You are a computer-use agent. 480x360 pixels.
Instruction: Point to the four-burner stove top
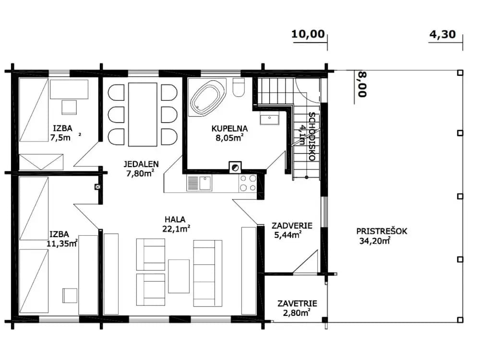(x=248, y=183)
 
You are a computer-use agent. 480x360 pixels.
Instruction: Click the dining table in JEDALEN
(x=143, y=114)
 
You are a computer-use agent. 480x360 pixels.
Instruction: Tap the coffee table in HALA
(x=179, y=276)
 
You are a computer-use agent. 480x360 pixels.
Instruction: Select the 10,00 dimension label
(x=308, y=34)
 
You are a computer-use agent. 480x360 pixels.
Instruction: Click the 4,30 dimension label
(x=443, y=34)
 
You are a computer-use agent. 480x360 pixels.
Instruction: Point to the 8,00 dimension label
(x=362, y=84)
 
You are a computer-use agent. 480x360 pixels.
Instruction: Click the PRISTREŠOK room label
(x=382, y=231)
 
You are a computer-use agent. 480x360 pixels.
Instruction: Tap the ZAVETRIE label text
(x=297, y=304)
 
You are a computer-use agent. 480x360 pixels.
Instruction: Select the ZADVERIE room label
(x=292, y=226)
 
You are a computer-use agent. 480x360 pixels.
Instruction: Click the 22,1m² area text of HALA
(x=177, y=228)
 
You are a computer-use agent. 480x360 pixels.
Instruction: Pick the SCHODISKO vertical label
(x=312, y=136)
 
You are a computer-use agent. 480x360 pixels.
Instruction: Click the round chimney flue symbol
(x=235, y=168)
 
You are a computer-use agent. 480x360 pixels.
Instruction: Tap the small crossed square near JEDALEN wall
(x=97, y=186)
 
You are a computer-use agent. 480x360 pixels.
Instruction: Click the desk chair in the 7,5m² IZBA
(x=69, y=107)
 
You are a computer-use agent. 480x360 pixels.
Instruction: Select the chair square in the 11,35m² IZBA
(x=70, y=295)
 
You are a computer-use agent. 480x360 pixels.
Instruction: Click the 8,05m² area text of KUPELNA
(x=229, y=138)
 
